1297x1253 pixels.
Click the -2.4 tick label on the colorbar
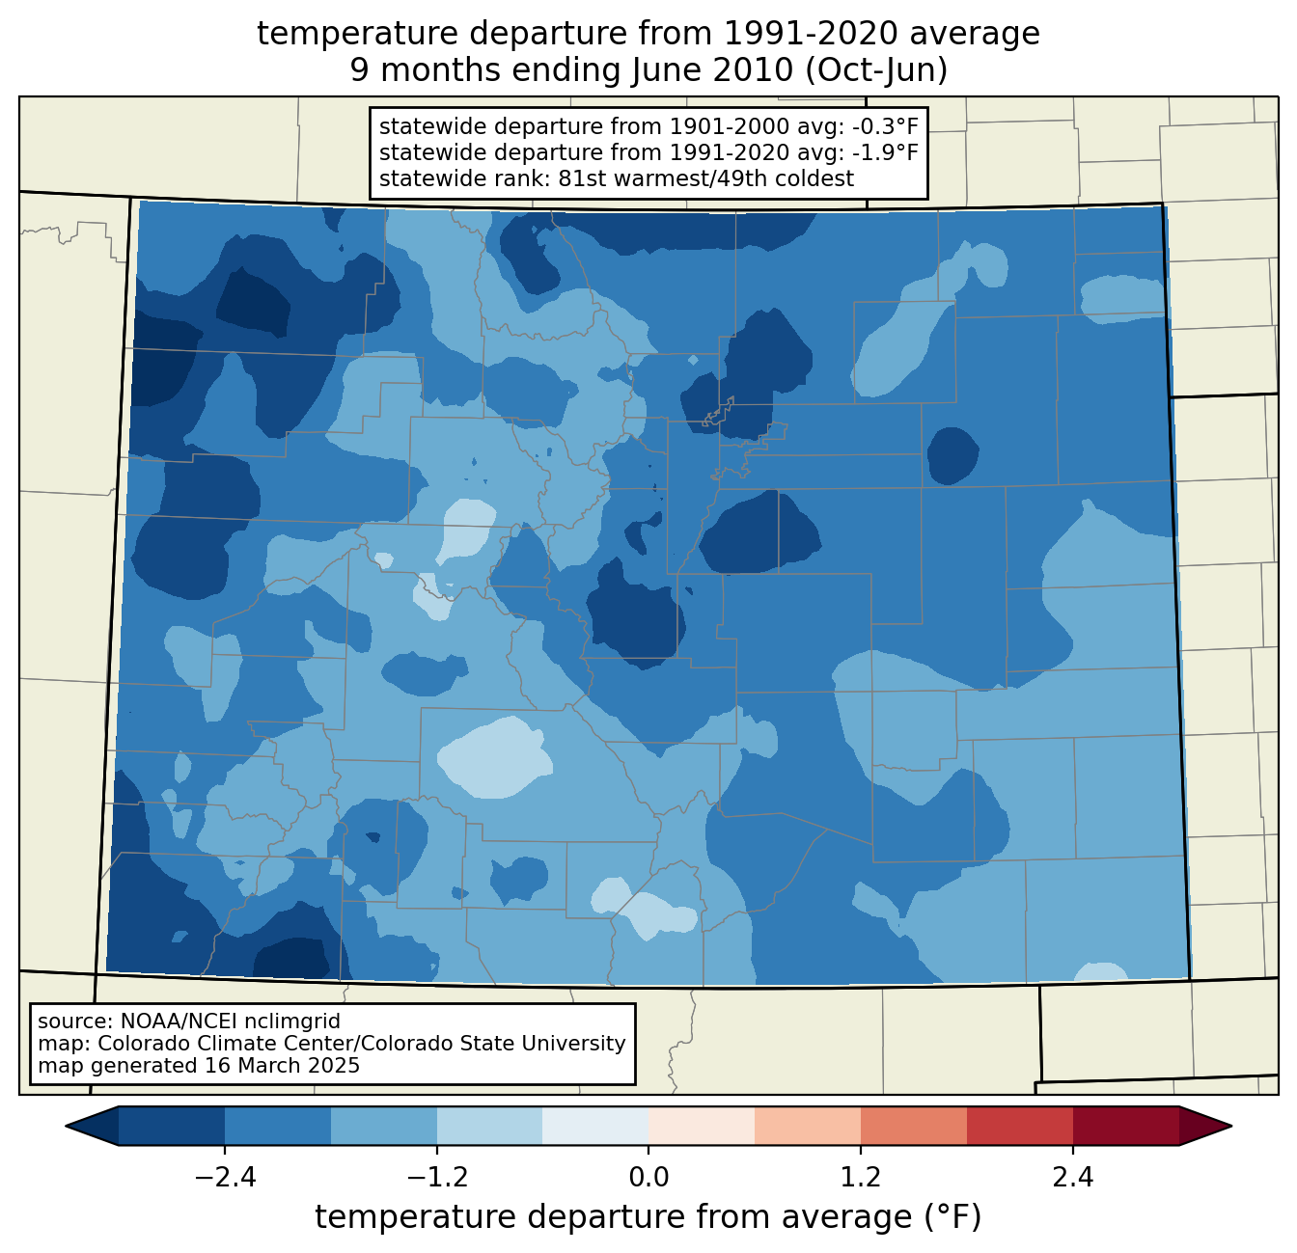click(x=225, y=1177)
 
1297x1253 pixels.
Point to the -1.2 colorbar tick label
click(x=436, y=1177)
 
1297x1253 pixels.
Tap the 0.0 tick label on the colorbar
click(x=648, y=1177)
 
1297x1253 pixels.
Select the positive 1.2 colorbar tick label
click(x=861, y=1177)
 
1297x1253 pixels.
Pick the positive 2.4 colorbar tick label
click(x=1073, y=1177)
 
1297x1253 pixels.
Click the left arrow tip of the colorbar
click(x=66, y=1126)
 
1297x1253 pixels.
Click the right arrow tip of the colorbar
click(x=1231, y=1126)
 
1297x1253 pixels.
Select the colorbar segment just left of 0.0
click(x=595, y=1126)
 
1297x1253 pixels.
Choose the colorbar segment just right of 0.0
click(x=702, y=1126)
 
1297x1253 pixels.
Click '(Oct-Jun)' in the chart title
click(x=876, y=70)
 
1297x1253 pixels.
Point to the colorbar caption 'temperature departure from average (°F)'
click(x=648, y=1217)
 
